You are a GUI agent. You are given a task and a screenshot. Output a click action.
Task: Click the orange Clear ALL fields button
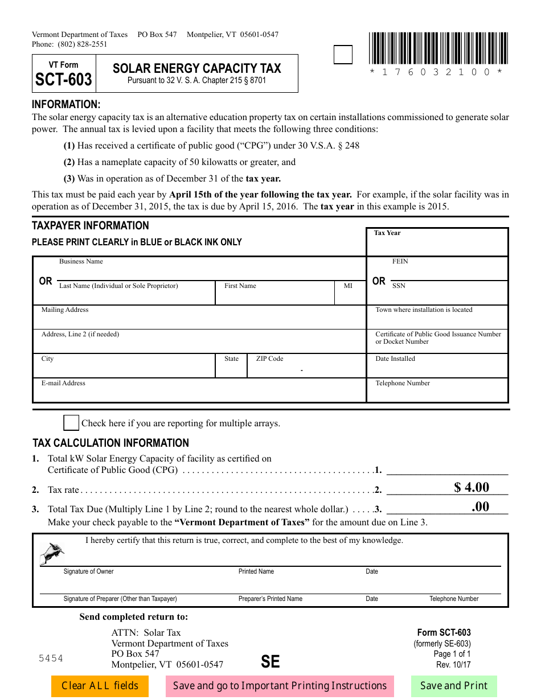100,686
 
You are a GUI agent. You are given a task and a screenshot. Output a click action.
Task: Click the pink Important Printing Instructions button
280,686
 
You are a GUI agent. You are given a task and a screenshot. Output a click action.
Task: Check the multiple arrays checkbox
71,423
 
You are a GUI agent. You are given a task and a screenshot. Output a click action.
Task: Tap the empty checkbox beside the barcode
342,55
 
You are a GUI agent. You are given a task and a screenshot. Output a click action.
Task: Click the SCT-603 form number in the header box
64,80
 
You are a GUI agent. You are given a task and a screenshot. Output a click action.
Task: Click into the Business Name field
199,270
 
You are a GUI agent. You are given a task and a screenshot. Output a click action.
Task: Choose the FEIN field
437,271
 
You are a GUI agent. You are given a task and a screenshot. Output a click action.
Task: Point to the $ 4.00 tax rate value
472,487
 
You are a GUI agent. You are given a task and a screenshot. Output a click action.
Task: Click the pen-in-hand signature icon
52,553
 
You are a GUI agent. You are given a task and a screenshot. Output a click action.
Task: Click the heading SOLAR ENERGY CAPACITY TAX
197,68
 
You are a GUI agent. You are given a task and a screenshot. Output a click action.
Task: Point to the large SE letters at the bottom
270,661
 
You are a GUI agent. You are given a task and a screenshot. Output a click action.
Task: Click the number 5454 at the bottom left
51,658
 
